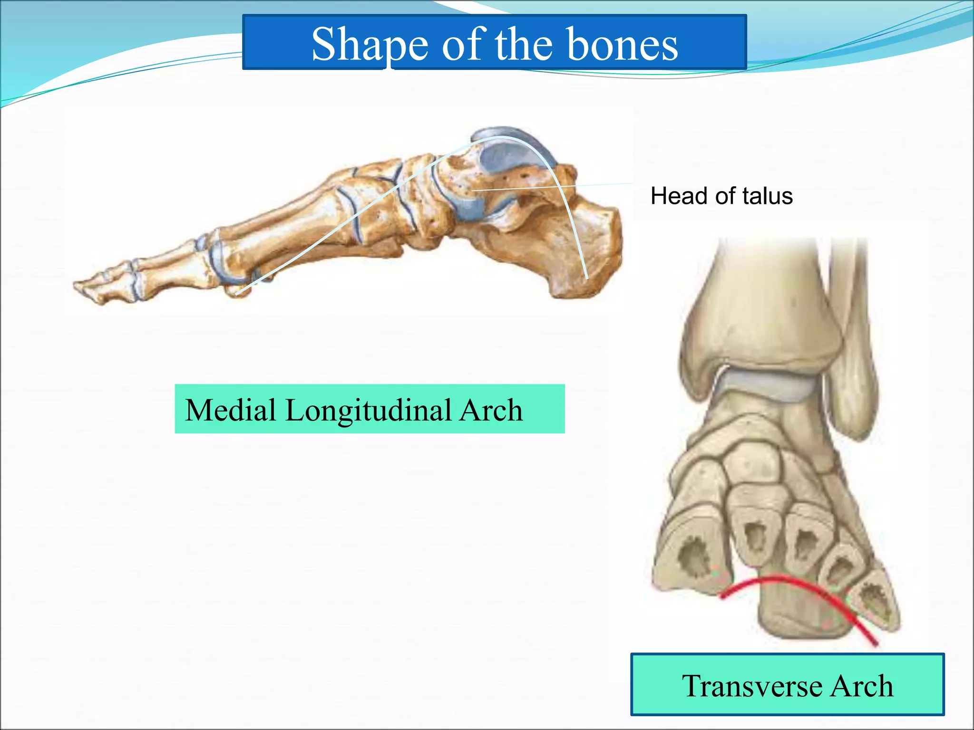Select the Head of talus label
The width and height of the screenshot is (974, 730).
721,196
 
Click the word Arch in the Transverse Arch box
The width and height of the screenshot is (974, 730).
861,686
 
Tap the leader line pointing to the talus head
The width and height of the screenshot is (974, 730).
547,187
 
